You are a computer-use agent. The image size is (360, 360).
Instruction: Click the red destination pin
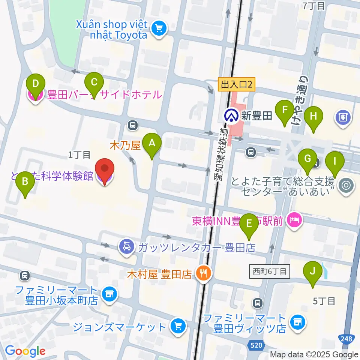pos(105,172)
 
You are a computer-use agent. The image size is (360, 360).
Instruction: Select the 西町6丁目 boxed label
pos(270,271)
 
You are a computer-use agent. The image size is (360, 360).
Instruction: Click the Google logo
pos(25,351)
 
